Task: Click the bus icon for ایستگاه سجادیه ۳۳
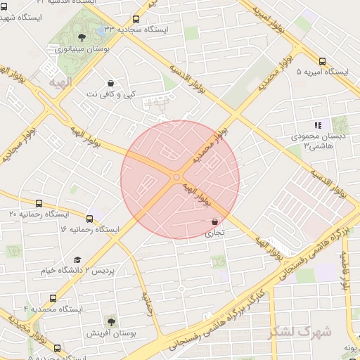[136, 20]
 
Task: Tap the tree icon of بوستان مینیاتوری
[82, 37]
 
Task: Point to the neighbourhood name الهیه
[60, 82]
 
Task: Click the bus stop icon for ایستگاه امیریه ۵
[323, 62]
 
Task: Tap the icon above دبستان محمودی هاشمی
[318, 124]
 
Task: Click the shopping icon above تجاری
[214, 222]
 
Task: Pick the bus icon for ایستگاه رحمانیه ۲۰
[39, 203]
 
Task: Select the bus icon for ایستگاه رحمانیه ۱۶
[89, 219]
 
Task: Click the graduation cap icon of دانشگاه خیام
[77, 260]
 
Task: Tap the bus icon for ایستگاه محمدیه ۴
[53, 299]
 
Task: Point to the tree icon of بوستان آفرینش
[111, 321]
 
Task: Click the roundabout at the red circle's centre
[176, 177]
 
